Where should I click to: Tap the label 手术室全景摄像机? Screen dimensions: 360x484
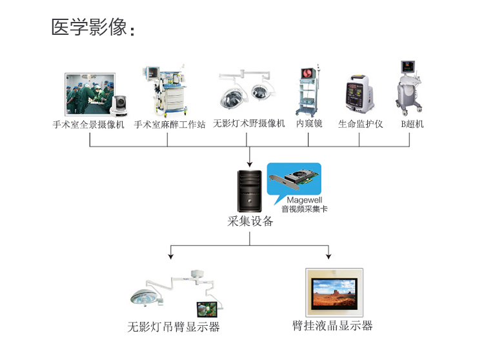88,125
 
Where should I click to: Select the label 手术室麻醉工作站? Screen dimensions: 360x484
170,125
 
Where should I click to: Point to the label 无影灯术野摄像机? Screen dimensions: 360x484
248,124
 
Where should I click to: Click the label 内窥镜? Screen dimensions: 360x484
309,123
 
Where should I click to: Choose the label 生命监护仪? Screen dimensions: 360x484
360,124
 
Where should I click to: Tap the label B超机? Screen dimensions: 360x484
412,124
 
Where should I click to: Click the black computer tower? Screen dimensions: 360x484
250,190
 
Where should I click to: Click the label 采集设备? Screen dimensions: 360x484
250,221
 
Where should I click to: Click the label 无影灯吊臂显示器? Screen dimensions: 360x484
174,327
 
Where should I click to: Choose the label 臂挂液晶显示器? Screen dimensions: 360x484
332,326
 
